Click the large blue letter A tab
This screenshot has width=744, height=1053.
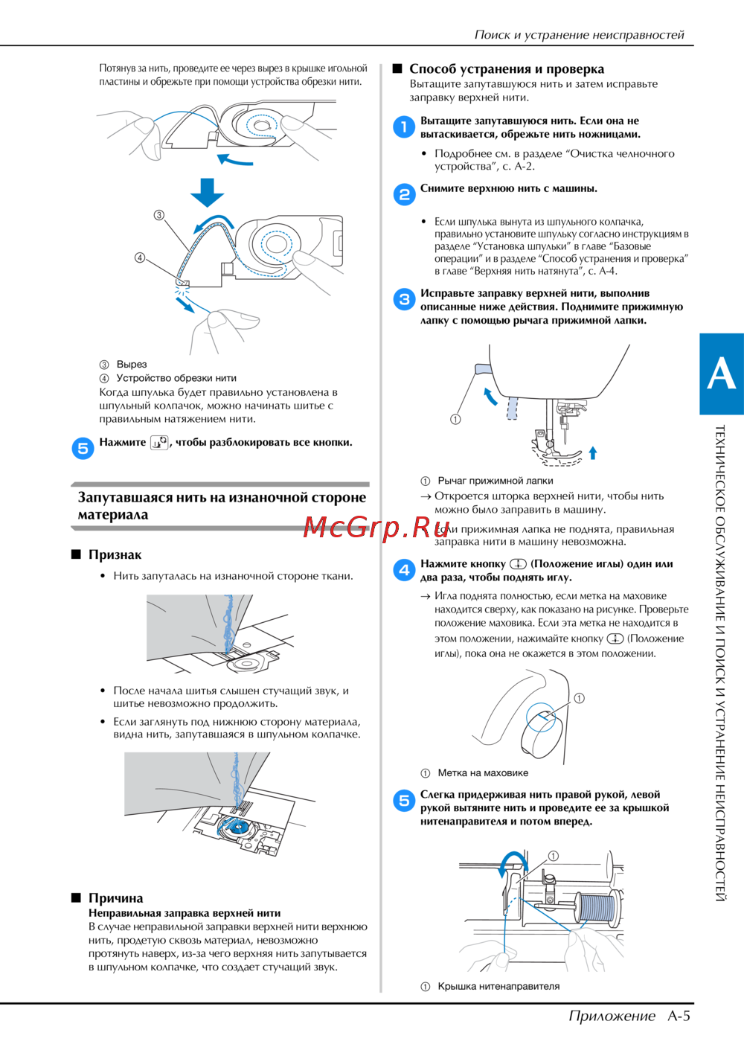[x=721, y=374]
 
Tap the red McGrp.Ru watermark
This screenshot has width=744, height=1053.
[x=376, y=528]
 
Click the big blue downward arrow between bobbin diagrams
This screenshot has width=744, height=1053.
[x=207, y=192]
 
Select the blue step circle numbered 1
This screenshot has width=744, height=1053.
[x=404, y=127]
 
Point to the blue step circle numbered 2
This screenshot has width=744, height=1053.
[x=404, y=194]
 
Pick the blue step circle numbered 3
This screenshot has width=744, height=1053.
[x=404, y=299]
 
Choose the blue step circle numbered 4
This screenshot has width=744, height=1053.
[x=404, y=570]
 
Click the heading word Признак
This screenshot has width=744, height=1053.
[x=115, y=554]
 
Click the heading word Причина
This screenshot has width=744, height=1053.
[x=115, y=898]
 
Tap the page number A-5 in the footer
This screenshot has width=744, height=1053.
[x=679, y=1016]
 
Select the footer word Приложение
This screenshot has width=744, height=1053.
[x=612, y=1016]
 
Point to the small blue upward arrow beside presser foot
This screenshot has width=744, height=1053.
[x=593, y=452]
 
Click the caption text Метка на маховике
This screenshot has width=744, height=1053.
[x=483, y=772]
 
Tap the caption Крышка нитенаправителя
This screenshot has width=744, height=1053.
[x=498, y=986]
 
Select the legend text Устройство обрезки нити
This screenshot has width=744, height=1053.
[x=176, y=378]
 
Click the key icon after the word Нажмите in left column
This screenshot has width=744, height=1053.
[x=159, y=443]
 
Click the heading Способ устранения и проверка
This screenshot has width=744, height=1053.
[x=506, y=69]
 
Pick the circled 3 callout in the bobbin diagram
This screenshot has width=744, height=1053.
[x=158, y=215]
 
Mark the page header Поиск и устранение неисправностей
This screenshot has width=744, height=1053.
[x=579, y=34]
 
